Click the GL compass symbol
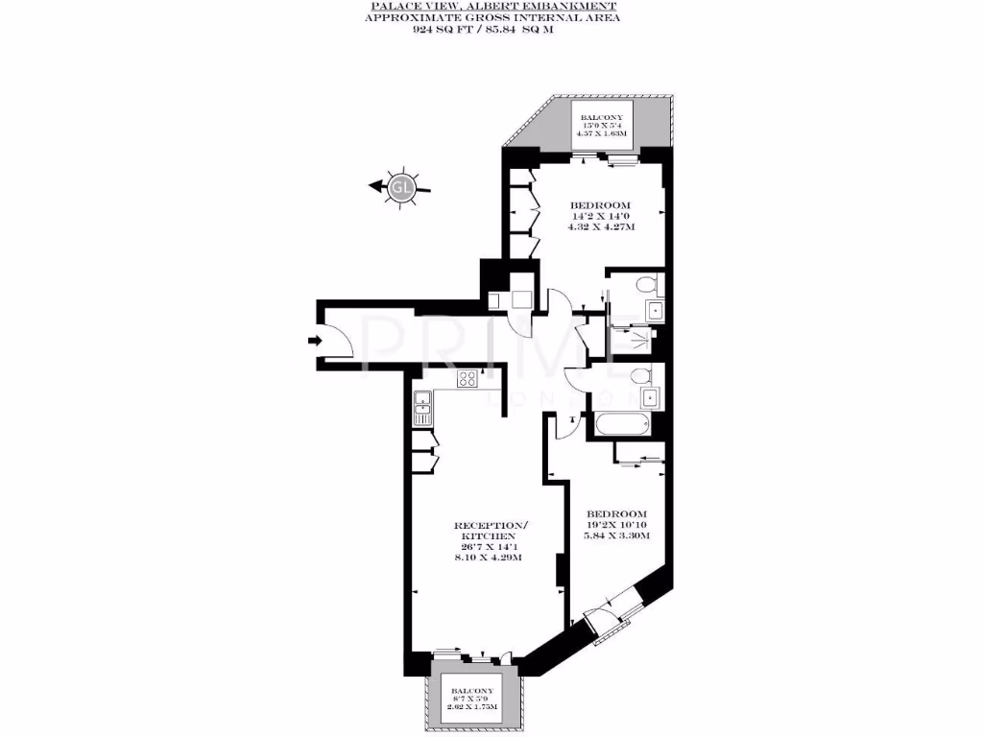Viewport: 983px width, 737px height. pos(400,188)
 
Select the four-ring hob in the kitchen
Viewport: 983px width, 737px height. pos(468,379)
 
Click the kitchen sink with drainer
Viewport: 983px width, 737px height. pos(422,407)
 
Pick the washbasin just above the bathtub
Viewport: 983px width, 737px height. pos(650,396)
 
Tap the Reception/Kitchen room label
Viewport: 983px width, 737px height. pos(491,532)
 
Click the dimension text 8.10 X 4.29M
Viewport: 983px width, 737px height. pos(490,558)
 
